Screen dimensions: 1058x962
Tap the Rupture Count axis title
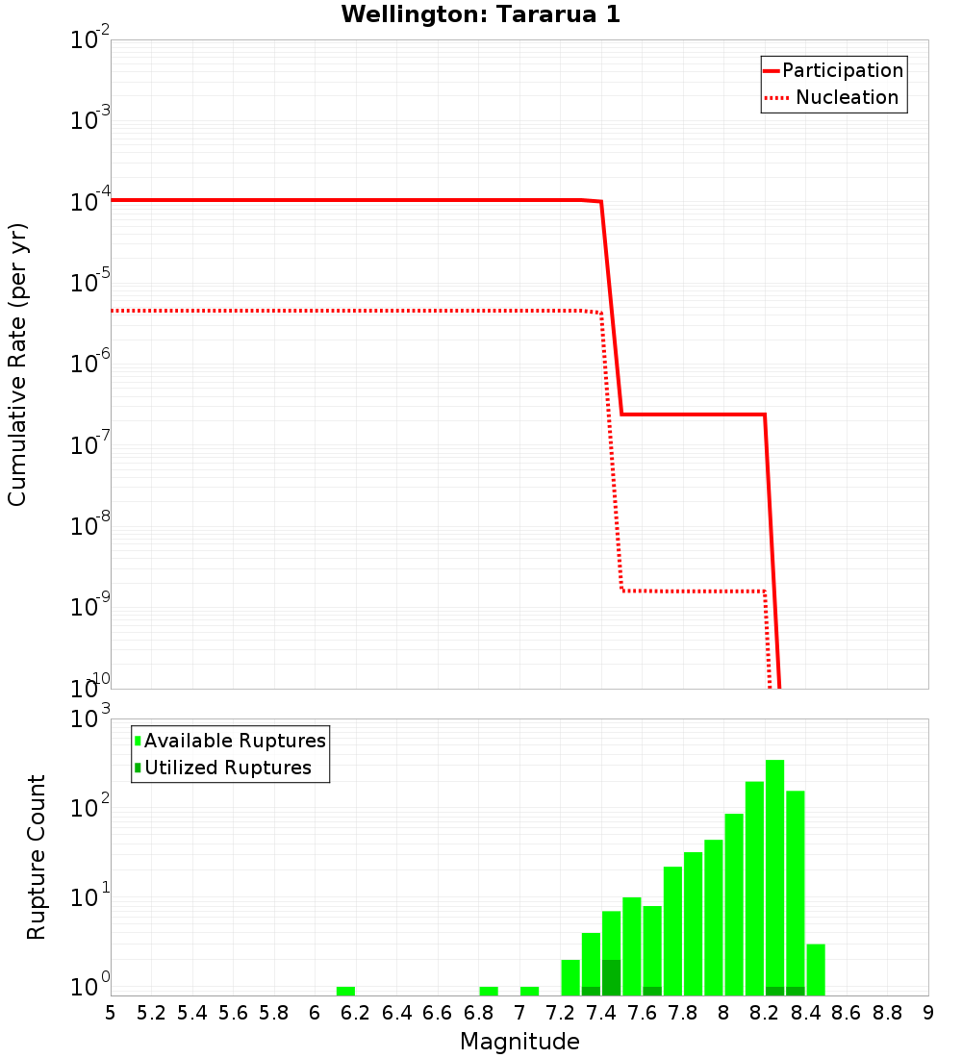[37, 857]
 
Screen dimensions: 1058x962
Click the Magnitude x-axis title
[519, 1042]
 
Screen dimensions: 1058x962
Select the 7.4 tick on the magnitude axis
[601, 1013]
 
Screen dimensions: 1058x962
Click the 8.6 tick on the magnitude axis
[847, 1013]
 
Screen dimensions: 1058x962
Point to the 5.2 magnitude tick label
[152, 1013]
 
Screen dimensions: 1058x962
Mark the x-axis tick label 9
[927, 1013]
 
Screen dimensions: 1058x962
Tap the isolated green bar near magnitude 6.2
[345, 991]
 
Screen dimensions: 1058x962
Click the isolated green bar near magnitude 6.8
[489, 991]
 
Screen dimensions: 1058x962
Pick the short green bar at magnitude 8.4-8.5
[816, 970]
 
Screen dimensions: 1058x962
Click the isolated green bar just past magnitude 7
[529, 991]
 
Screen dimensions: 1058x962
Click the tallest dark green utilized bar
[611, 977]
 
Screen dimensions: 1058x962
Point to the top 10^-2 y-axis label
[90, 40]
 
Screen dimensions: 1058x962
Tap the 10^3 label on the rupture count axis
[90, 719]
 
